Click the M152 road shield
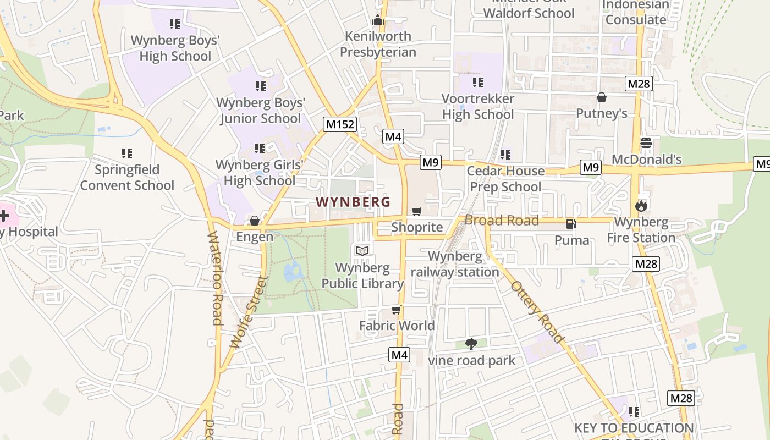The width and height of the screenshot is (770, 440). pyautogui.click(x=340, y=124)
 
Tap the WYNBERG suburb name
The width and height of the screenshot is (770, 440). pyautogui.click(x=353, y=202)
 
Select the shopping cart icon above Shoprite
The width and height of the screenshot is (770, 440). pyautogui.click(x=417, y=212)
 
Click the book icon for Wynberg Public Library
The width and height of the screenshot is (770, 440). pyautogui.click(x=362, y=251)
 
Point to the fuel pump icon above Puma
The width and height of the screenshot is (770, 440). pyautogui.click(x=571, y=224)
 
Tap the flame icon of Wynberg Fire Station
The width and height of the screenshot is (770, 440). pyautogui.click(x=641, y=206)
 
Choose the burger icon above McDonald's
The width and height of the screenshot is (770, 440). pyautogui.click(x=646, y=144)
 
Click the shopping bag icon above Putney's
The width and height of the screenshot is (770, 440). pyautogui.click(x=602, y=98)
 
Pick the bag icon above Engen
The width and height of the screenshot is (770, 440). pyautogui.click(x=255, y=221)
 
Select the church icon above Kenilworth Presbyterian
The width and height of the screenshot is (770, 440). pyautogui.click(x=377, y=20)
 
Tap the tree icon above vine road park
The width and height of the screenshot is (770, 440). pyautogui.click(x=471, y=345)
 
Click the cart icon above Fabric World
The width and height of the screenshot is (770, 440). pyautogui.click(x=396, y=310)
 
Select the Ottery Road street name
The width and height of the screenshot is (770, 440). pyautogui.click(x=537, y=312)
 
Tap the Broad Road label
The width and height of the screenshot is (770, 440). pyautogui.click(x=502, y=221)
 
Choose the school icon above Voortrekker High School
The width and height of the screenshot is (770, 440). pyautogui.click(x=478, y=82)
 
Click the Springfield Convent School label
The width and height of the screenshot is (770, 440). pyautogui.click(x=127, y=177)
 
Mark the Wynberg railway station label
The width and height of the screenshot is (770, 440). pyautogui.click(x=455, y=264)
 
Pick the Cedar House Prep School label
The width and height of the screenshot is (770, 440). pyautogui.click(x=505, y=179)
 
